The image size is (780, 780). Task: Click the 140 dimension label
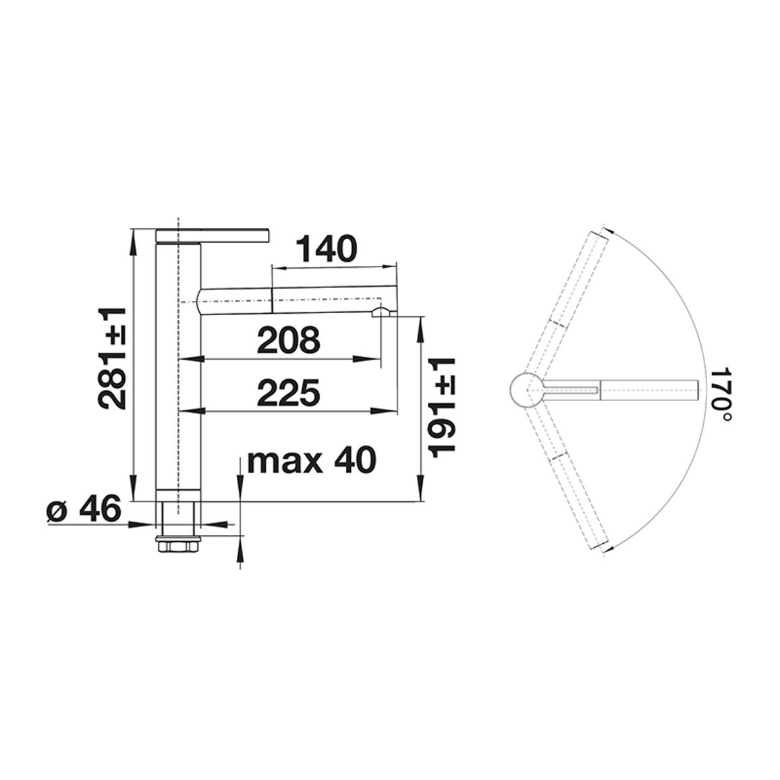(327, 249)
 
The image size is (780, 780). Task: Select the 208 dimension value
(289, 340)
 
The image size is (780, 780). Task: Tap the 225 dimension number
(289, 393)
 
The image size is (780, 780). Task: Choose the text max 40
(312, 461)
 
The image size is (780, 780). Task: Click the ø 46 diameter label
(84, 508)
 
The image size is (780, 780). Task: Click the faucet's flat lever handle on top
(213, 235)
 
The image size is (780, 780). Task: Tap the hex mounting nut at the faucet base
(178, 545)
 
